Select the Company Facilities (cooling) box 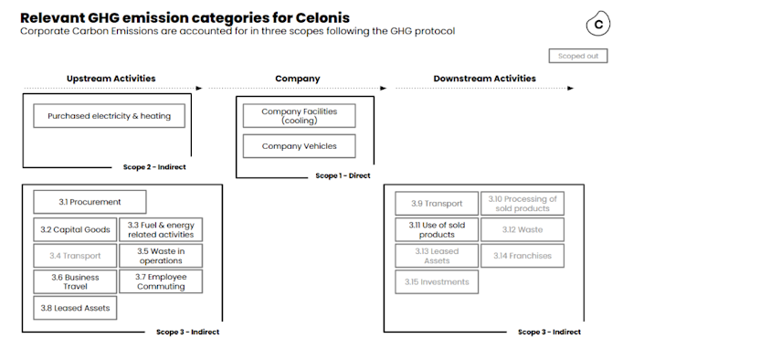pyautogui.click(x=299, y=116)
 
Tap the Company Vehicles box pyautogui.click(x=299, y=146)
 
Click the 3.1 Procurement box pyautogui.click(x=90, y=202)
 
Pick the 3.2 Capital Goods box pyautogui.click(x=75, y=229)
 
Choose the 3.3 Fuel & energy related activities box pyautogui.click(x=161, y=229)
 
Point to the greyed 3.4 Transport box pyautogui.click(x=75, y=256)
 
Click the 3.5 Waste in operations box pyautogui.click(x=161, y=256)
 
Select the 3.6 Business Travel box pyautogui.click(x=75, y=281)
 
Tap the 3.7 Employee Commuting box pyautogui.click(x=161, y=281)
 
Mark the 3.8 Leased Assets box pyautogui.click(x=75, y=308)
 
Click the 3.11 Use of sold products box pyautogui.click(x=437, y=229)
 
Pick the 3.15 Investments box pyautogui.click(x=437, y=282)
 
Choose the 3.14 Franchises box pyautogui.click(x=522, y=256)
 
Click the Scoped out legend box pyautogui.click(x=578, y=56)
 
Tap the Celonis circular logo pyautogui.click(x=598, y=25)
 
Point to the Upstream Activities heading pyautogui.click(x=111, y=79)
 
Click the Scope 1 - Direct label pyautogui.click(x=343, y=175)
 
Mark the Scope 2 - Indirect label pyautogui.click(x=155, y=167)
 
